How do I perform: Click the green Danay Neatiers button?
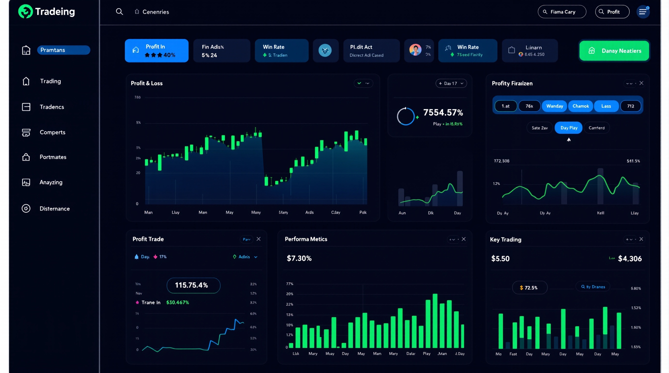pyautogui.click(x=614, y=51)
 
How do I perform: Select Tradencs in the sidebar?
pyautogui.click(x=52, y=107)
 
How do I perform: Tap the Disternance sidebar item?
pyautogui.click(x=54, y=209)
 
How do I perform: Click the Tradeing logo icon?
pyautogui.click(x=26, y=11)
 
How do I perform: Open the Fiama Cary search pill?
pyautogui.click(x=562, y=12)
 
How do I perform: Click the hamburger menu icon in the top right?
pyautogui.click(x=643, y=12)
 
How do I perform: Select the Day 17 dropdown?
pyautogui.click(x=451, y=83)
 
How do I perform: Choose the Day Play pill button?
pyautogui.click(x=569, y=128)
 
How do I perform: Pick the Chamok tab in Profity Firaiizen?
pyautogui.click(x=581, y=106)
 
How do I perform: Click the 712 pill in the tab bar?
pyautogui.click(x=630, y=106)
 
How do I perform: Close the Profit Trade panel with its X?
pyautogui.click(x=258, y=239)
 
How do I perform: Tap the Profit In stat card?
pyautogui.click(x=157, y=51)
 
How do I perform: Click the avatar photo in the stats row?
pyautogui.click(x=415, y=50)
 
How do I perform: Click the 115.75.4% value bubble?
pyautogui.click(x=194, y=285)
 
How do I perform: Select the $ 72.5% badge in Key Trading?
pyautogui.click(x=529, y=288)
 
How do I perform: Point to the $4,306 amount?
pyautogui.click(x=630, y=259)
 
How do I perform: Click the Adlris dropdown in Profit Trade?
pyautogui.click(x=245, y=257)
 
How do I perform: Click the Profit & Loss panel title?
pyautogui.click(x=147, y=83)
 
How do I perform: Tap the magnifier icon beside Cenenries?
pyautogui.click(x=119, y=12)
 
